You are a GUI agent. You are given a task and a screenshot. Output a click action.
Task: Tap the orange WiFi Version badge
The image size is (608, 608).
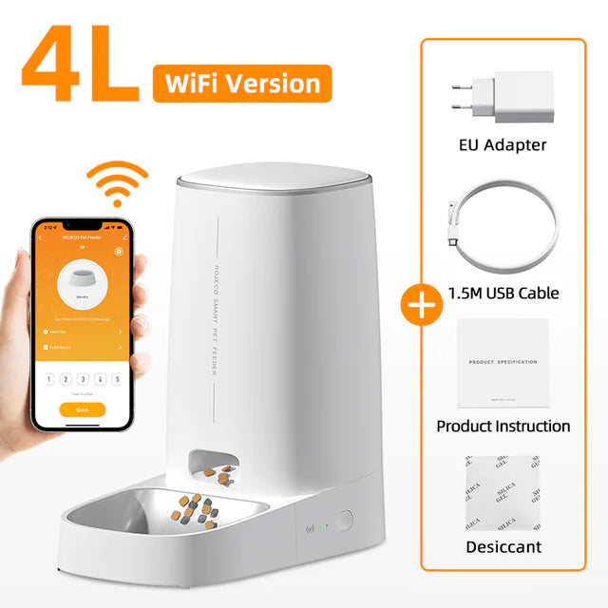(x=241, y=84)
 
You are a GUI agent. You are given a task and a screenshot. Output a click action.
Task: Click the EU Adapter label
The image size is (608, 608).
(x=503, y=145)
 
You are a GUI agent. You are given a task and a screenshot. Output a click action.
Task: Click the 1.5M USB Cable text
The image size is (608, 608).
(x=503, y=293)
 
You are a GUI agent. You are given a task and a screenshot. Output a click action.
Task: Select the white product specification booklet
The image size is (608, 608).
(x=503, y=365)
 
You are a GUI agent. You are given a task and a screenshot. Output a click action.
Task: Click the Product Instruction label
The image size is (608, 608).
(x=503, y=426)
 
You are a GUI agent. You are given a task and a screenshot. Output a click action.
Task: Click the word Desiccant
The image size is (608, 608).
(x=503, y=547)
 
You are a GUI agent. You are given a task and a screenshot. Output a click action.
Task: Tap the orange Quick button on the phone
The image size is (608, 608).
(x=82, y=409)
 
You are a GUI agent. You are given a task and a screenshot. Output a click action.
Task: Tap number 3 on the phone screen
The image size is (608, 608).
(x=83, y=378)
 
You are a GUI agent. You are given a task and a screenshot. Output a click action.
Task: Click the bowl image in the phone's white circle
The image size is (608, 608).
(x=82, y=282)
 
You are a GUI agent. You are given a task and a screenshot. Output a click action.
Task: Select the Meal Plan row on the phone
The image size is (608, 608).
(x=82, y=332)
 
